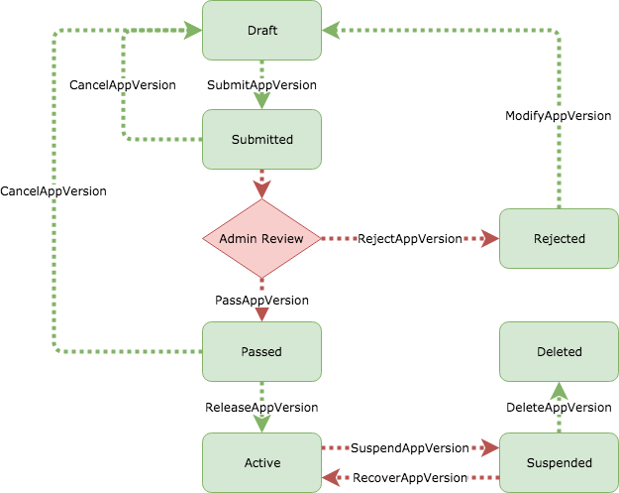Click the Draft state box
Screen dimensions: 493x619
[261, 30]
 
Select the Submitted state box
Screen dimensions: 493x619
[261, 139]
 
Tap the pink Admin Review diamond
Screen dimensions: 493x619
[261, 238]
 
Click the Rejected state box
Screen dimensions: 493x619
[559, 238]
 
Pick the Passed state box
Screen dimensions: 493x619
[261, 351]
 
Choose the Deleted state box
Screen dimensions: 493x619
[559, 351]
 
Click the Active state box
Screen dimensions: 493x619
[261, 462]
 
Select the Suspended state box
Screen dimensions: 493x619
[559, 462]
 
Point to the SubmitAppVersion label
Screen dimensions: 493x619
[261, 85]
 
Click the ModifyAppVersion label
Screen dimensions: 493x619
[558, 116]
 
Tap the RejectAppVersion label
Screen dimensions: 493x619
[409, 239]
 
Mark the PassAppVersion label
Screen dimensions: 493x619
[261, 300]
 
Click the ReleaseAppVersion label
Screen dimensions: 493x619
[261, 408]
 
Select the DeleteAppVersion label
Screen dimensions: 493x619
[559, 408]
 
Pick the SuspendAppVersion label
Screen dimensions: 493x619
[409, 448]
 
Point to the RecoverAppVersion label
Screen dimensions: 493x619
[409, 477]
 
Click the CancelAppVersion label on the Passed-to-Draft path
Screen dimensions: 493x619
[53, 190]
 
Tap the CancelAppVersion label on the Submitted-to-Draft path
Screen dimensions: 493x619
[122, 85]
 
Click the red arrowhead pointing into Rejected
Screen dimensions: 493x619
[490, 239]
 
